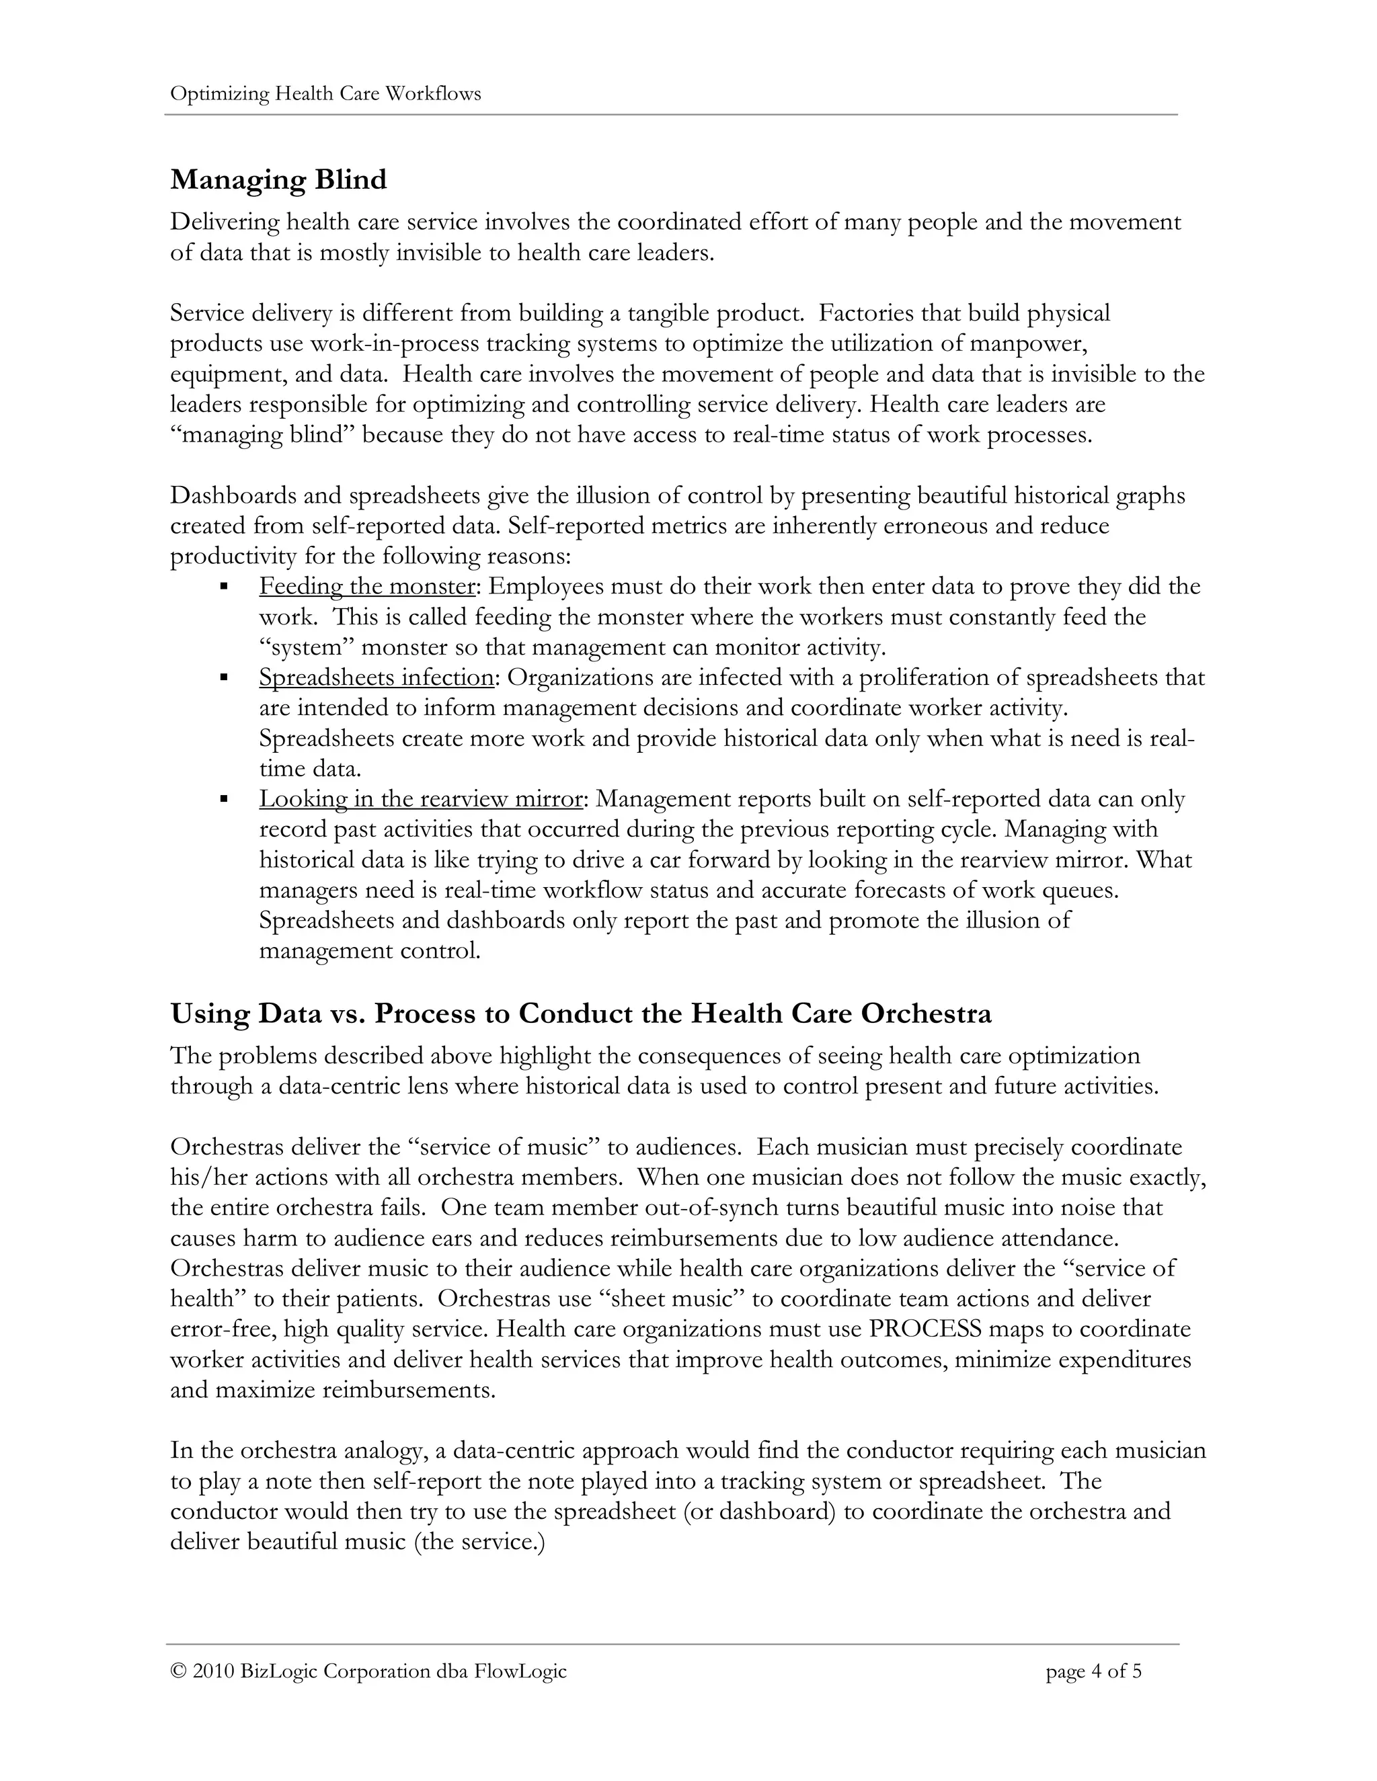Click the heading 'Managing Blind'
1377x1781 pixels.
pos(278,179)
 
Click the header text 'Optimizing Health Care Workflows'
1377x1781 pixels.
pos(325,94)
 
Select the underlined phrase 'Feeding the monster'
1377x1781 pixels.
pos(366,586)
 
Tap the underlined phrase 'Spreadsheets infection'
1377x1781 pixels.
pos(376,677)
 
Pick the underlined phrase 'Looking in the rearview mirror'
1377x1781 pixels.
pos(421,798)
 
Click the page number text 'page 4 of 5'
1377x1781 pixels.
pos(1093,1671)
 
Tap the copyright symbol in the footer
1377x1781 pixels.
pos(178,1671)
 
